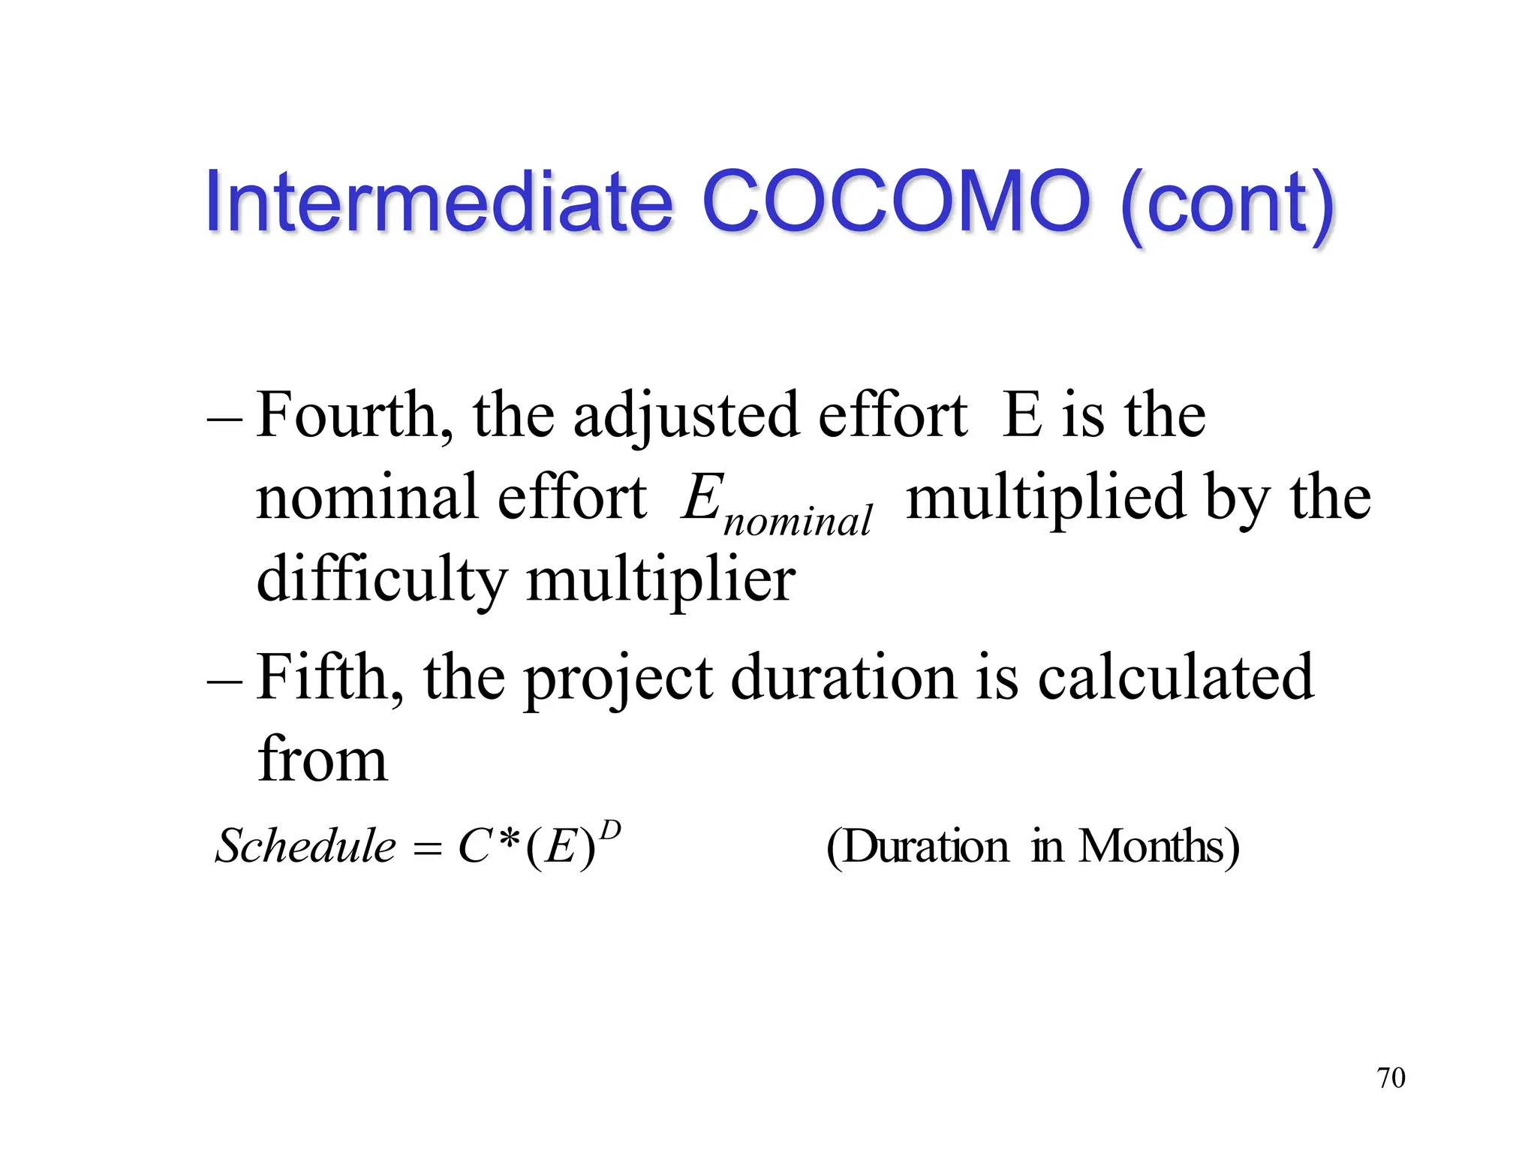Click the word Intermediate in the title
coord(438,201)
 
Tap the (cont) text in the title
coord(1227,204)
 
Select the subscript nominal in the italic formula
coord(797,520)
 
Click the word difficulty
coord(382,580)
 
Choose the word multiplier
coord(660,580)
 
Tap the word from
coord(323,760)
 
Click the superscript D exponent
coord(611,830)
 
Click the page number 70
coord(1391,1078)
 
